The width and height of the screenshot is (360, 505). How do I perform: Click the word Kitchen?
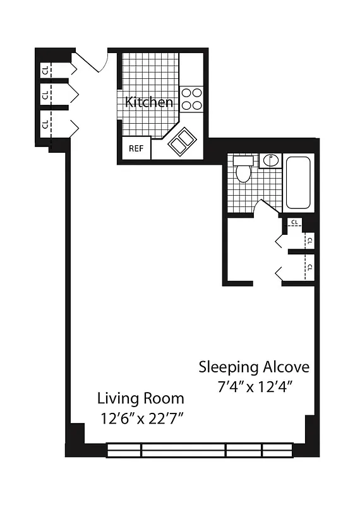[148, 102]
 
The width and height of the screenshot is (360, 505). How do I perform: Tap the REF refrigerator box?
[136, 149]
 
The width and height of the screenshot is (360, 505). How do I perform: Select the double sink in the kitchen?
[182, 142]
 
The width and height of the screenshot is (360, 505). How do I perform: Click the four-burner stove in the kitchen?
[191, 99]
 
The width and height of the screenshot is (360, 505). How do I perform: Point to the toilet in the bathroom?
[243, 170]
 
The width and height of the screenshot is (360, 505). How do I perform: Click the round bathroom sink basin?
[270, 160]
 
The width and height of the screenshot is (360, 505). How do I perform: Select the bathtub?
[298, 183]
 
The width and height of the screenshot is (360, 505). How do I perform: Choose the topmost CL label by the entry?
[45, 71]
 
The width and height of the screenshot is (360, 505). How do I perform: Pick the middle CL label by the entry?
[45, 96]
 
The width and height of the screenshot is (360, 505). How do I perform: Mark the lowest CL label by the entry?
[45, 123]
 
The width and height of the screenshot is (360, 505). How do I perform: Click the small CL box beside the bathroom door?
[295, 223]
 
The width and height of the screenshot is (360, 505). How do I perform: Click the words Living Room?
[140, 398]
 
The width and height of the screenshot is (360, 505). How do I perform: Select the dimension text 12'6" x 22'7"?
[140, 418]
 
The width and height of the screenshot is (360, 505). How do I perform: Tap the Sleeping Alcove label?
[254, 367]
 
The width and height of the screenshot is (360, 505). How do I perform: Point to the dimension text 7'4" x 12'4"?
[254, 386]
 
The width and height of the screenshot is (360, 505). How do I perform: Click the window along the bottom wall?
[199, 450]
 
